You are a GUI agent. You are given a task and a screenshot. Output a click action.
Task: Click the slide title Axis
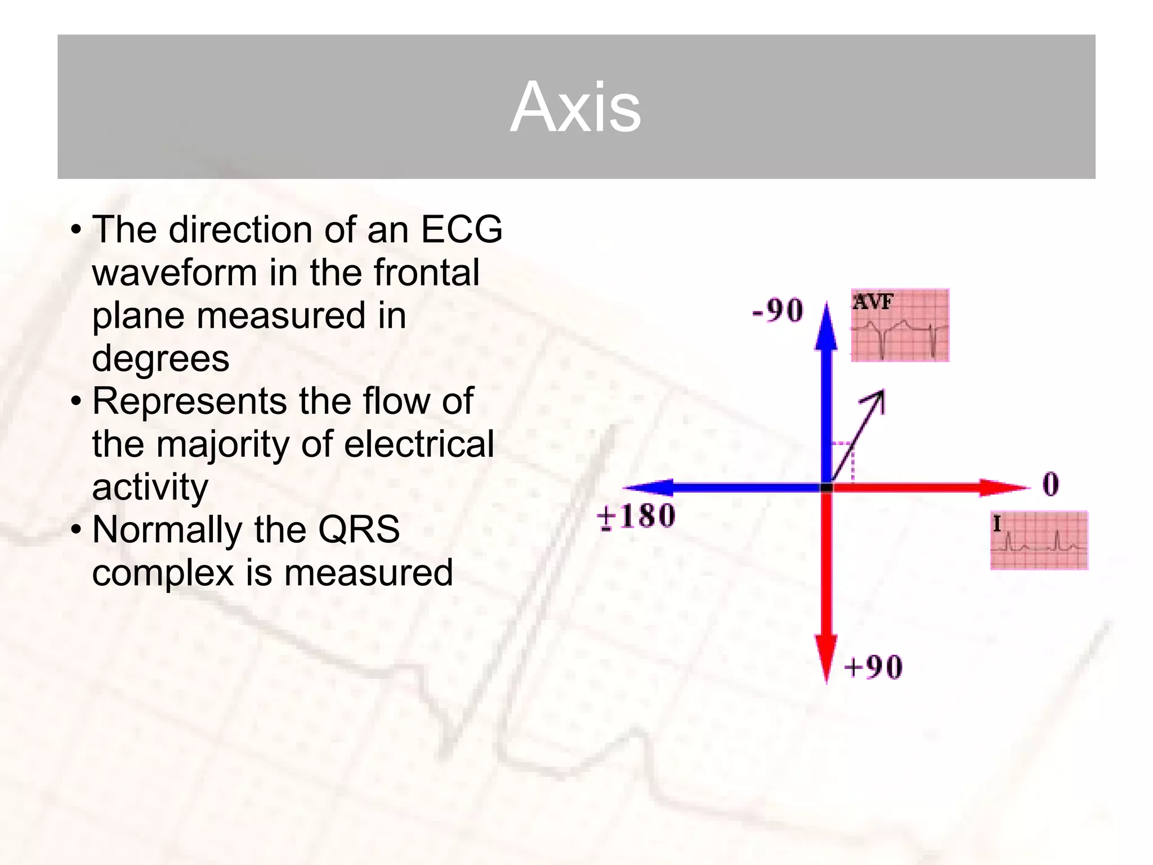(x=575, y=107)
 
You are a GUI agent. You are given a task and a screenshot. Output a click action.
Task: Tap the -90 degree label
(x=777, y=310)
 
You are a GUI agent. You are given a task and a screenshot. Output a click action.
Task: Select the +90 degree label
(x=873, y=667)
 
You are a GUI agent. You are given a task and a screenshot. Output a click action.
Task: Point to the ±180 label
(x=636, y=516)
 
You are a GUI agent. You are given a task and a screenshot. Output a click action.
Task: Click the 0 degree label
(x=1051, y=484)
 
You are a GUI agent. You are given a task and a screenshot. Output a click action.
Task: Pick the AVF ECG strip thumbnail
(x=900, y=326)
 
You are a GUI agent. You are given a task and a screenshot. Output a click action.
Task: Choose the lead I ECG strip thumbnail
(x=1039, y=541)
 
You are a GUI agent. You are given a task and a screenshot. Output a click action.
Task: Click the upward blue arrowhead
(x=826, y=327)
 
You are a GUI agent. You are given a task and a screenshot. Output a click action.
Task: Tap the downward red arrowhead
(x=826, y=659)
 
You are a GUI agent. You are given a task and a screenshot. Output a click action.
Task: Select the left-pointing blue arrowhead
(x=647, y=488)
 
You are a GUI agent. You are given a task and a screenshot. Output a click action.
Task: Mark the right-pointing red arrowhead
(x=1005, y=488)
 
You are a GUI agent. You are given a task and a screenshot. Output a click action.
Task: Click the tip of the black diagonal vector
(x=882, y=391)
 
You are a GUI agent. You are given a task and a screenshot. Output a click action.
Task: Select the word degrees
(x=160, y=358)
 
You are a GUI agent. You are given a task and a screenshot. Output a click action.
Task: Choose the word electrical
(x=419, y=444)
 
